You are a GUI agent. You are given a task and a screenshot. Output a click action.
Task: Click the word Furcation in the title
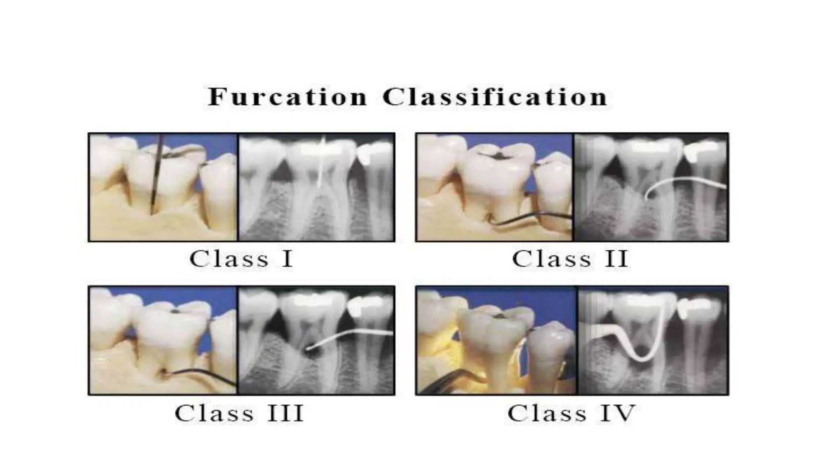[x=287, y=97]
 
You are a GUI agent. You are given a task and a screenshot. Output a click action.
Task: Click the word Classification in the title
[x=495, y=97]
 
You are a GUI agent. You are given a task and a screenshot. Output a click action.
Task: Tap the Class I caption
[x=241, y=259]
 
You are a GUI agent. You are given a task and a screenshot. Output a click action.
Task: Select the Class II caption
[x=570, y=259]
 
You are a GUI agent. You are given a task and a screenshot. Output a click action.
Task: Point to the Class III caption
[x=239, y=413]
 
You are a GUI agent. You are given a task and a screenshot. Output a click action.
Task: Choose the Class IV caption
[x=571, y=413]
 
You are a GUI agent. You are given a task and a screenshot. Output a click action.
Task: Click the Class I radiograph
[x=317, y=187]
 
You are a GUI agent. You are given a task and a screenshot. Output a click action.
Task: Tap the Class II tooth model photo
[x=494, y=187]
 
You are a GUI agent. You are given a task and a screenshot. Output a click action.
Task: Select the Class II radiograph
[x=651, y=187]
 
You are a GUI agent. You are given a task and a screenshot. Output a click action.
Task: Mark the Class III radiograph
[x=317, y=340]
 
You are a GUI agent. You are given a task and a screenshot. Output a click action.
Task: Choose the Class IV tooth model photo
[x=497, y=340]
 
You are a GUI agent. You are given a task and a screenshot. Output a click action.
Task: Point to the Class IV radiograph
[x=653, y=340]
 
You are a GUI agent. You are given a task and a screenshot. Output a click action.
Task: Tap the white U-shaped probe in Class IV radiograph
[x=642, y=357]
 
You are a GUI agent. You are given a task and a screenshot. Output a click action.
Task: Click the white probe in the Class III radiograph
[x=347, y=336]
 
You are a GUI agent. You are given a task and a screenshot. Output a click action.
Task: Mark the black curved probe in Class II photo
[x=533, y=219]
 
